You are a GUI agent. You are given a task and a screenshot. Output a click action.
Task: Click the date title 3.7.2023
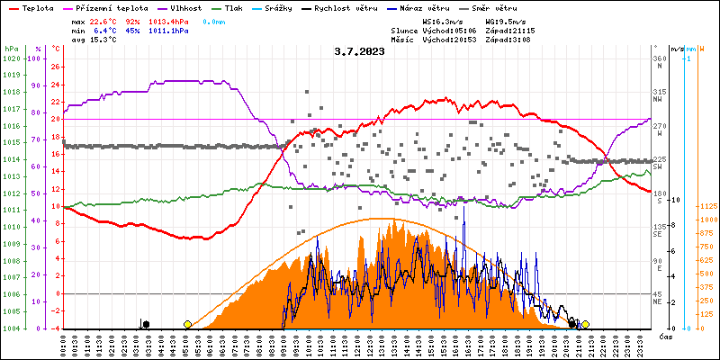(x=359, y=51)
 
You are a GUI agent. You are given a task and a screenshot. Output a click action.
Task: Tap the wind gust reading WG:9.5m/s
(x=505, y=20)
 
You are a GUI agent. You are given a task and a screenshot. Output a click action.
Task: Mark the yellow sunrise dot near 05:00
(x=187, y=324)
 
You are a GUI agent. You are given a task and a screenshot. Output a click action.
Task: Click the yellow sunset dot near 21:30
(x=585, y=324)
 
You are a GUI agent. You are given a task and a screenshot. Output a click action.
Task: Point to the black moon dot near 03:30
(x=146, y=324)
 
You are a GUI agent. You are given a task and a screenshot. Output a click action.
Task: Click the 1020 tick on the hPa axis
(x=12, y=58)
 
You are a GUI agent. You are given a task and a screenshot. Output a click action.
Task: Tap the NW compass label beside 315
(x=659, y=101)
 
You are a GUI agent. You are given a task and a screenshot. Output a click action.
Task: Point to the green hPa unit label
(x=11, y=48)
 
